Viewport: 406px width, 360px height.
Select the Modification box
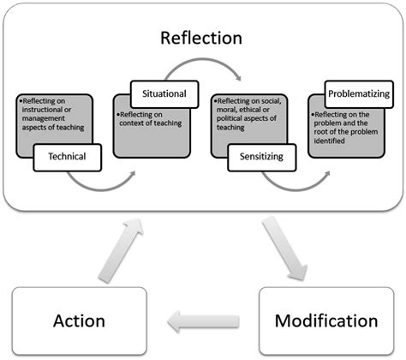click(325, 321)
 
